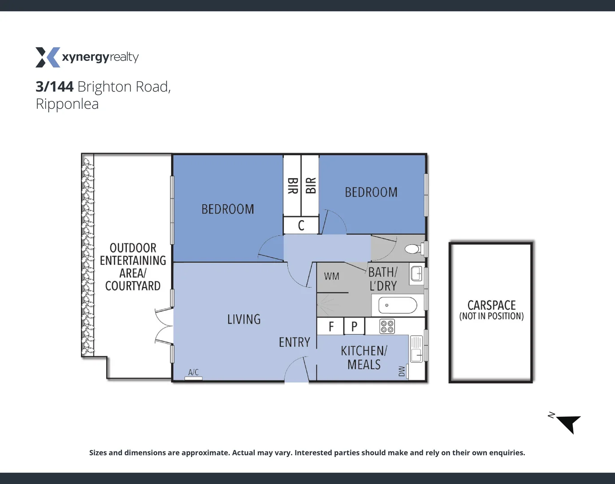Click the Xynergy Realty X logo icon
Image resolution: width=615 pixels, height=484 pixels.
pyautogui.click(x=48, y=57)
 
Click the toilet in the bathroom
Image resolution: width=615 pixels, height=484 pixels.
pyautogui.click(x=412, y=249)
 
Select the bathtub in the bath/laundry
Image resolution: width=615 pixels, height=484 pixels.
pyautogui.click(x=398, y=306)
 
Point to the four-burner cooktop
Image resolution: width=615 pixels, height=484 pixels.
pyautogui.click(x=387, y=326)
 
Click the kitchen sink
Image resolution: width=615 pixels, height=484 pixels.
pyautogui.click(x=416, y=349)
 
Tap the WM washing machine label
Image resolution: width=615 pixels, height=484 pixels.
pyautogui.click(x=332, y=277)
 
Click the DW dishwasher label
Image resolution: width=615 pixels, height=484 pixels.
pyautogui.click(x=402, y=371)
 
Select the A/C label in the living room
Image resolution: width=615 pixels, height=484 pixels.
pyautogui.click(x=193, y=372)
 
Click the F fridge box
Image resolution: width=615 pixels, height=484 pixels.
pyautogui.click(x=331, y=326)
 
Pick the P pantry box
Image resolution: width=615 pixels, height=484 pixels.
pyautogui.click(x=354, y=326)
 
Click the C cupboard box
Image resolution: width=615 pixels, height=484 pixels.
pyautogui.click(x=301, y=225)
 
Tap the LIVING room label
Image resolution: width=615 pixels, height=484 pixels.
pyautogui.click(x=244, y=320)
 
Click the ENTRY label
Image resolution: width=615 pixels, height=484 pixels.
pyautogui.click(x=295, y=342)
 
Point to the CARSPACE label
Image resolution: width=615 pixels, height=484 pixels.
pyautogui.click(x=491, y=305)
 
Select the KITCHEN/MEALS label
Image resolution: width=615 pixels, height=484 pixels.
pyautogui.click(x=364, y=358)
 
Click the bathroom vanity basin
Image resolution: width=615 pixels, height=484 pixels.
pyautogui.click(x=416, y=273)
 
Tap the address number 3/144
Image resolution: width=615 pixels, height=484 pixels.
pyautogui.click(x=54, y=86)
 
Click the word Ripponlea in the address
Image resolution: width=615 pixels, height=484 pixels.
pyautogui.click(x=67, y=104)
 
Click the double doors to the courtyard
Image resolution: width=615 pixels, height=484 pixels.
pyautogui.click(x=163, y=326)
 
